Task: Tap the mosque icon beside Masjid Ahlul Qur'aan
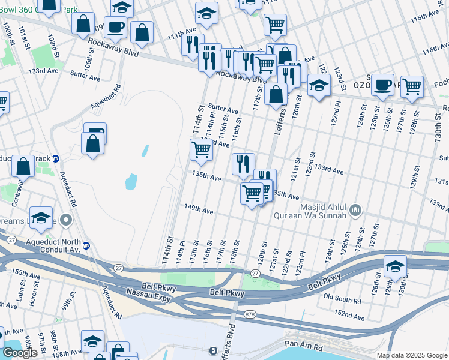pos(355,210)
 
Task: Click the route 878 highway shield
pos(250,314)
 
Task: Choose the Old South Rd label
pos(342,297)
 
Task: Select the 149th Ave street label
pos(199,210)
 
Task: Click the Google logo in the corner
pos(19,353)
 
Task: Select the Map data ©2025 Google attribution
pos(411,355)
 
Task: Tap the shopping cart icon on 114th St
pos(201,149)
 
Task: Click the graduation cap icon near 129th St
pos(395,265)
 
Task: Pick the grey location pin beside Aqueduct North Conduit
pos(67,221)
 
